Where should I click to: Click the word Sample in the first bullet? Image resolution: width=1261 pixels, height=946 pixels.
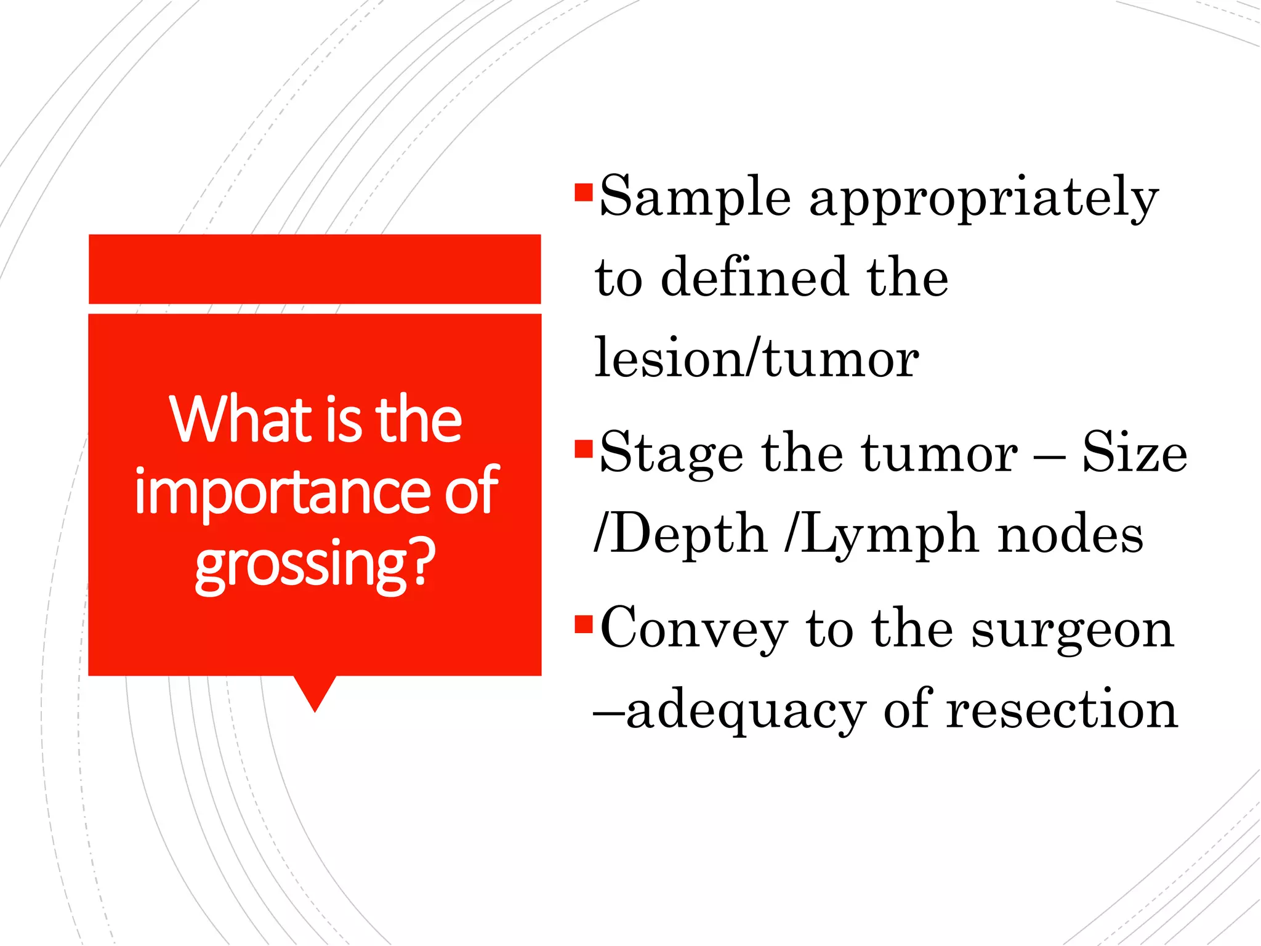pyautogui.click(x=695, y=197)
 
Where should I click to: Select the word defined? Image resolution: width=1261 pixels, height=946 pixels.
pyautogui.click(x=754, y=277)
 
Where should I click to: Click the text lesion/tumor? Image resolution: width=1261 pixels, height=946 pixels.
pyautogui.click(x=757, y=358)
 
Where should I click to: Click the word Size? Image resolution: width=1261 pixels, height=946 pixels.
pyautogui.click(x=1135, y=453)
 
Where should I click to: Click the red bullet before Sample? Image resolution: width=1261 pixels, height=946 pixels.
pyautogui.click(x=582, y=192)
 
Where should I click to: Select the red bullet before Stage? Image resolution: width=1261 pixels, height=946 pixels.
pyautogui.click(x=582, y=449)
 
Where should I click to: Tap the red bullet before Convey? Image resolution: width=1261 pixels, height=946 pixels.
pyautogui.click(x=582, y=624)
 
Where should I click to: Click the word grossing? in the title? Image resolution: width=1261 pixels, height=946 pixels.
pyautogui.click(x=315, y=564)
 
